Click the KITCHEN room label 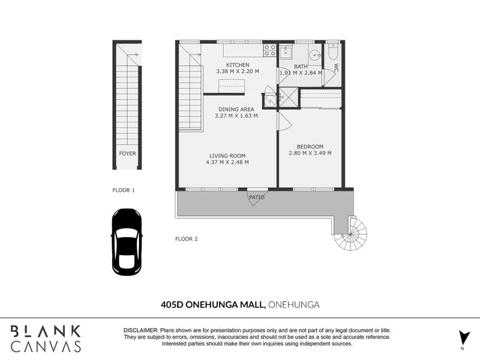tap(238, 65)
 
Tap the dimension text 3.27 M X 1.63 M tap(236, 116)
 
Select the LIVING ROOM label tap(227, 156)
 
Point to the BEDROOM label tap(310, 146)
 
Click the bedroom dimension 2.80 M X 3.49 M tap(310, 153)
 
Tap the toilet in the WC tap(333, 52)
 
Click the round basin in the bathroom tap(314, 55)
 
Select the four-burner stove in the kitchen tap(269, 50)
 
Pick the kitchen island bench tap(232, 86)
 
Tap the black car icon tap(127, 242)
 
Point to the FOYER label tap(127, 154)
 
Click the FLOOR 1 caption tap(124, 190)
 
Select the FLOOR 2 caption tap(187, 239)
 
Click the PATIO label tap(257, 197)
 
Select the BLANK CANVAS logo tap(46, 338)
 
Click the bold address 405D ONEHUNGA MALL tap(213, 305)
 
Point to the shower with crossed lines tap(288, 97)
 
